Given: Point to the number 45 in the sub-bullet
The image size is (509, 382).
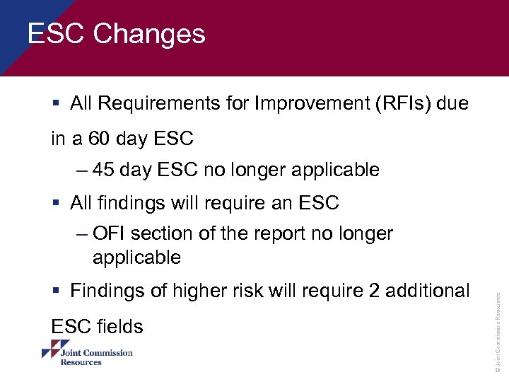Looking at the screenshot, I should [x=104, y=170].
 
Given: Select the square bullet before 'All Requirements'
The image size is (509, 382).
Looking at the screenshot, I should [x=55, y=105].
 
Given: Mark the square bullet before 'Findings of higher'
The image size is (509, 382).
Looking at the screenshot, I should [x=55, y=291].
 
